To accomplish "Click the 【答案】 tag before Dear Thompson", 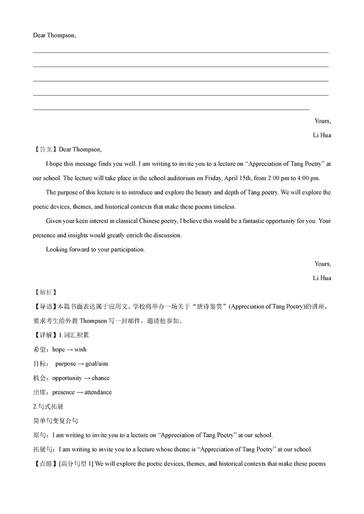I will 46,150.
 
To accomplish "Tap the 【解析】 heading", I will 46,292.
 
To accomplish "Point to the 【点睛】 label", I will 46,464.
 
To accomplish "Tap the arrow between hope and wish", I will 70,350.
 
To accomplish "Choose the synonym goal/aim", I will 97,364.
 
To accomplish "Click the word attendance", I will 98,392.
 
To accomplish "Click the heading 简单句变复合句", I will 55,421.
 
